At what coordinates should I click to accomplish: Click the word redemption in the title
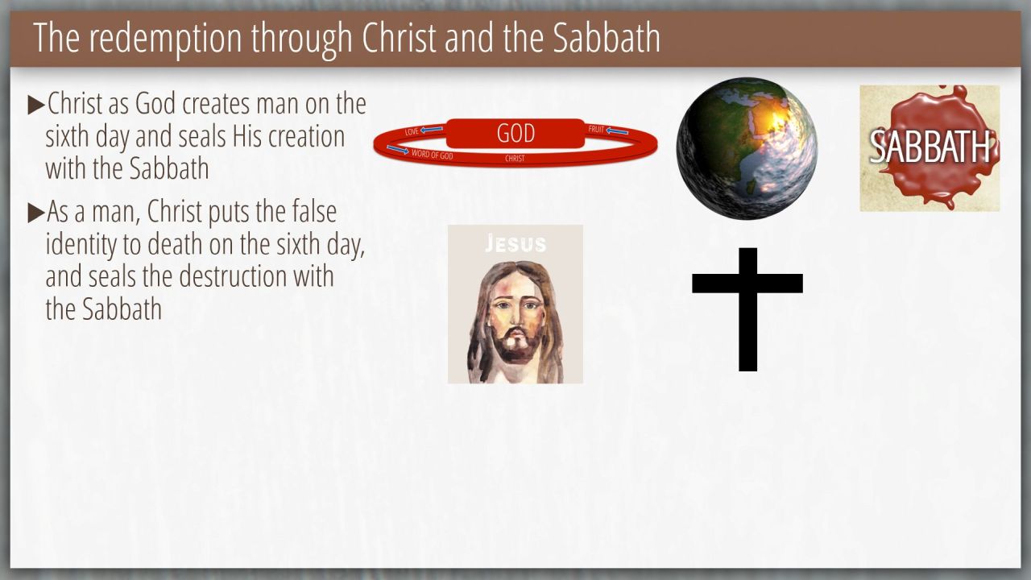166,39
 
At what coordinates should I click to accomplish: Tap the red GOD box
515,134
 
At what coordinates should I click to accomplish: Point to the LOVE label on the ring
412,131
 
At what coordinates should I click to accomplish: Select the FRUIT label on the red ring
596,130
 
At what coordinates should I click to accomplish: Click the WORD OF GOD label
433,155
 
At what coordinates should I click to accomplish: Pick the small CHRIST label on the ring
515,159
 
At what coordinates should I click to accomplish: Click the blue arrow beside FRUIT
617,131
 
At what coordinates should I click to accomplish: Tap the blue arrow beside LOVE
432,130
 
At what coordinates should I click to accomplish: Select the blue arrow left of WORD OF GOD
398,150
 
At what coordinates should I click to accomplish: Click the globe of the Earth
747,148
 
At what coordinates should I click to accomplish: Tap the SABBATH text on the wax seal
930,147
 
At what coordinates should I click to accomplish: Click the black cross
747,309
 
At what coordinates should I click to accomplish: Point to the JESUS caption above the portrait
515,243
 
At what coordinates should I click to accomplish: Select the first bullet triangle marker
36,105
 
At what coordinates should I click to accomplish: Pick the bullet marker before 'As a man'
36,213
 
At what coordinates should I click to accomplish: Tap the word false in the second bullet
314,212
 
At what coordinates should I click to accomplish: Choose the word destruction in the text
256,276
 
